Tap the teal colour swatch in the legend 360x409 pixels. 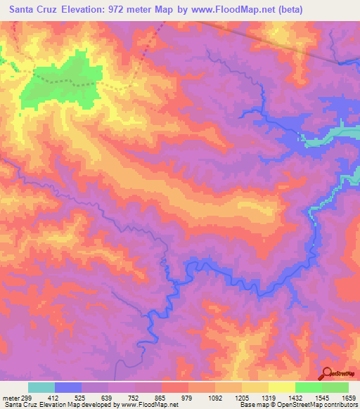point(41,388)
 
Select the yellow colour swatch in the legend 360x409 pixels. point(282,388)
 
